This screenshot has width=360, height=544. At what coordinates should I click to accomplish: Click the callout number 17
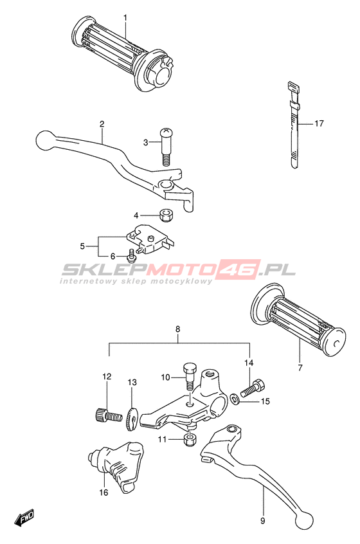(319, 123)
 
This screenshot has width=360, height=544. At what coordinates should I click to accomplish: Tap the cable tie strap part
(293, 125)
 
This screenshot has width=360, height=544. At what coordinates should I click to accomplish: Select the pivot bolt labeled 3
(166, 147)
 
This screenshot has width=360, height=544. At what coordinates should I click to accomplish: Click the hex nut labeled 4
(166, 216)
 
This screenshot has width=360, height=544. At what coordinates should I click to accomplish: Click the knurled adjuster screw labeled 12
(108, 415)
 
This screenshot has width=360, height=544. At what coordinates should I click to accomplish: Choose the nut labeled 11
(190, 440)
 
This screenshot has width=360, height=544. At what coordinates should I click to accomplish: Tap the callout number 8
(177, 329)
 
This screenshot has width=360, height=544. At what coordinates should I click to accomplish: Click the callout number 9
(262, 520)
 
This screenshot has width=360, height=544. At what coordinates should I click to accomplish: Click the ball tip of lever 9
(305, 520)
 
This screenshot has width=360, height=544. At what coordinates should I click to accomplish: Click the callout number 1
(125, 17)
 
